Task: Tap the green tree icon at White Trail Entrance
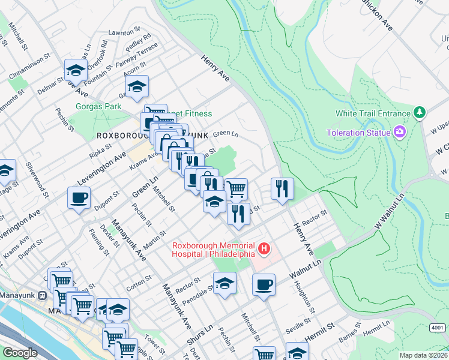pos(420,113)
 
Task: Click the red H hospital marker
pos(263,247)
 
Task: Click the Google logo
pos(20,353)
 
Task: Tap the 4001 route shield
pos(437,328)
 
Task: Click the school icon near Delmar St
pos(76,69)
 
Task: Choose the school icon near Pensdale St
pos(224,283)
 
